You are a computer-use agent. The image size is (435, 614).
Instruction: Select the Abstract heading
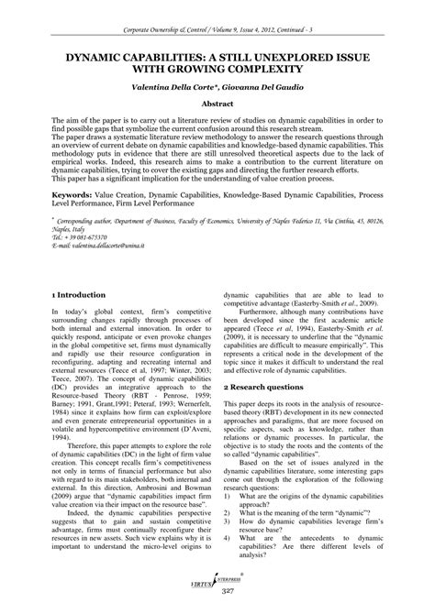click(x=217, y=105)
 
